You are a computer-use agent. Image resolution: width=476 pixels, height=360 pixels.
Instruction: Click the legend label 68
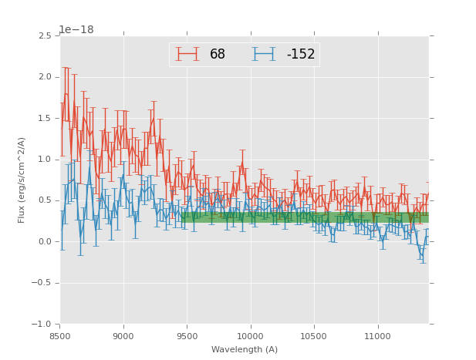(x=218, y=55)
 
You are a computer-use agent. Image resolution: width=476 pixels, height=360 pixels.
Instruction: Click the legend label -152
(x=300, y=55)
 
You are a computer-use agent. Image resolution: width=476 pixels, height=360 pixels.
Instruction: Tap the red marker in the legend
(x=187, y=54)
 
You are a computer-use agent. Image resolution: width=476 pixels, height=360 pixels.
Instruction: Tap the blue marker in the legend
(x=264, y=54)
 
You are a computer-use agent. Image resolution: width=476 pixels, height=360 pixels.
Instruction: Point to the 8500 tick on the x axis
(x=60, y=336)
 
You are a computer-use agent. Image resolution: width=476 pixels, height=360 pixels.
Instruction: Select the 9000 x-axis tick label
(x=123, y=336)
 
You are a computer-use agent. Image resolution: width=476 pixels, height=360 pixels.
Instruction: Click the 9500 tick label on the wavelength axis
(x=187, y=336)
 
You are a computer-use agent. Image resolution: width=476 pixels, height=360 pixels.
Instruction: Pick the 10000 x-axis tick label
(x=251, y=336)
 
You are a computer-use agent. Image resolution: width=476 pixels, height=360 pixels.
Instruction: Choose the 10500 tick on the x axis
(x=314, y=336)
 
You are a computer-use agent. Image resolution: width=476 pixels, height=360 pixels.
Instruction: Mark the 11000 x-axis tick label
(x=378, y=336)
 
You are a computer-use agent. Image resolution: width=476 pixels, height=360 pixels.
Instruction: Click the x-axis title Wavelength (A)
(x=245, y=349)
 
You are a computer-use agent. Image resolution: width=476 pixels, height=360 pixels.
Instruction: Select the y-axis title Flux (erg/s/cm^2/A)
(x=22, y=180)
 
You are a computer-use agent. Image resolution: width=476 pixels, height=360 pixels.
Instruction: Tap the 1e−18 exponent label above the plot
(x=76, y=30)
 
